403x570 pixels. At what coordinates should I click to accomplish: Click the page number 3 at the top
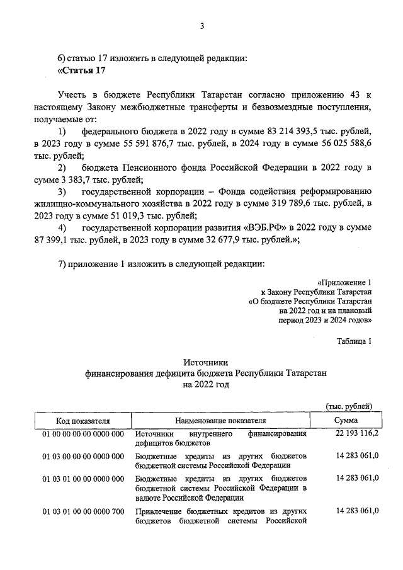pos(201,26)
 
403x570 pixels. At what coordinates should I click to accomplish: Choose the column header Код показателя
pos(82,420)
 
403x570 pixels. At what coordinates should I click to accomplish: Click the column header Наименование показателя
pos(220,420)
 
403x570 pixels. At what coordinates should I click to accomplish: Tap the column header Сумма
pos(347,420)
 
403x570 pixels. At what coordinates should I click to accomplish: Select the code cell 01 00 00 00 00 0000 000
pos(82,434)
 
